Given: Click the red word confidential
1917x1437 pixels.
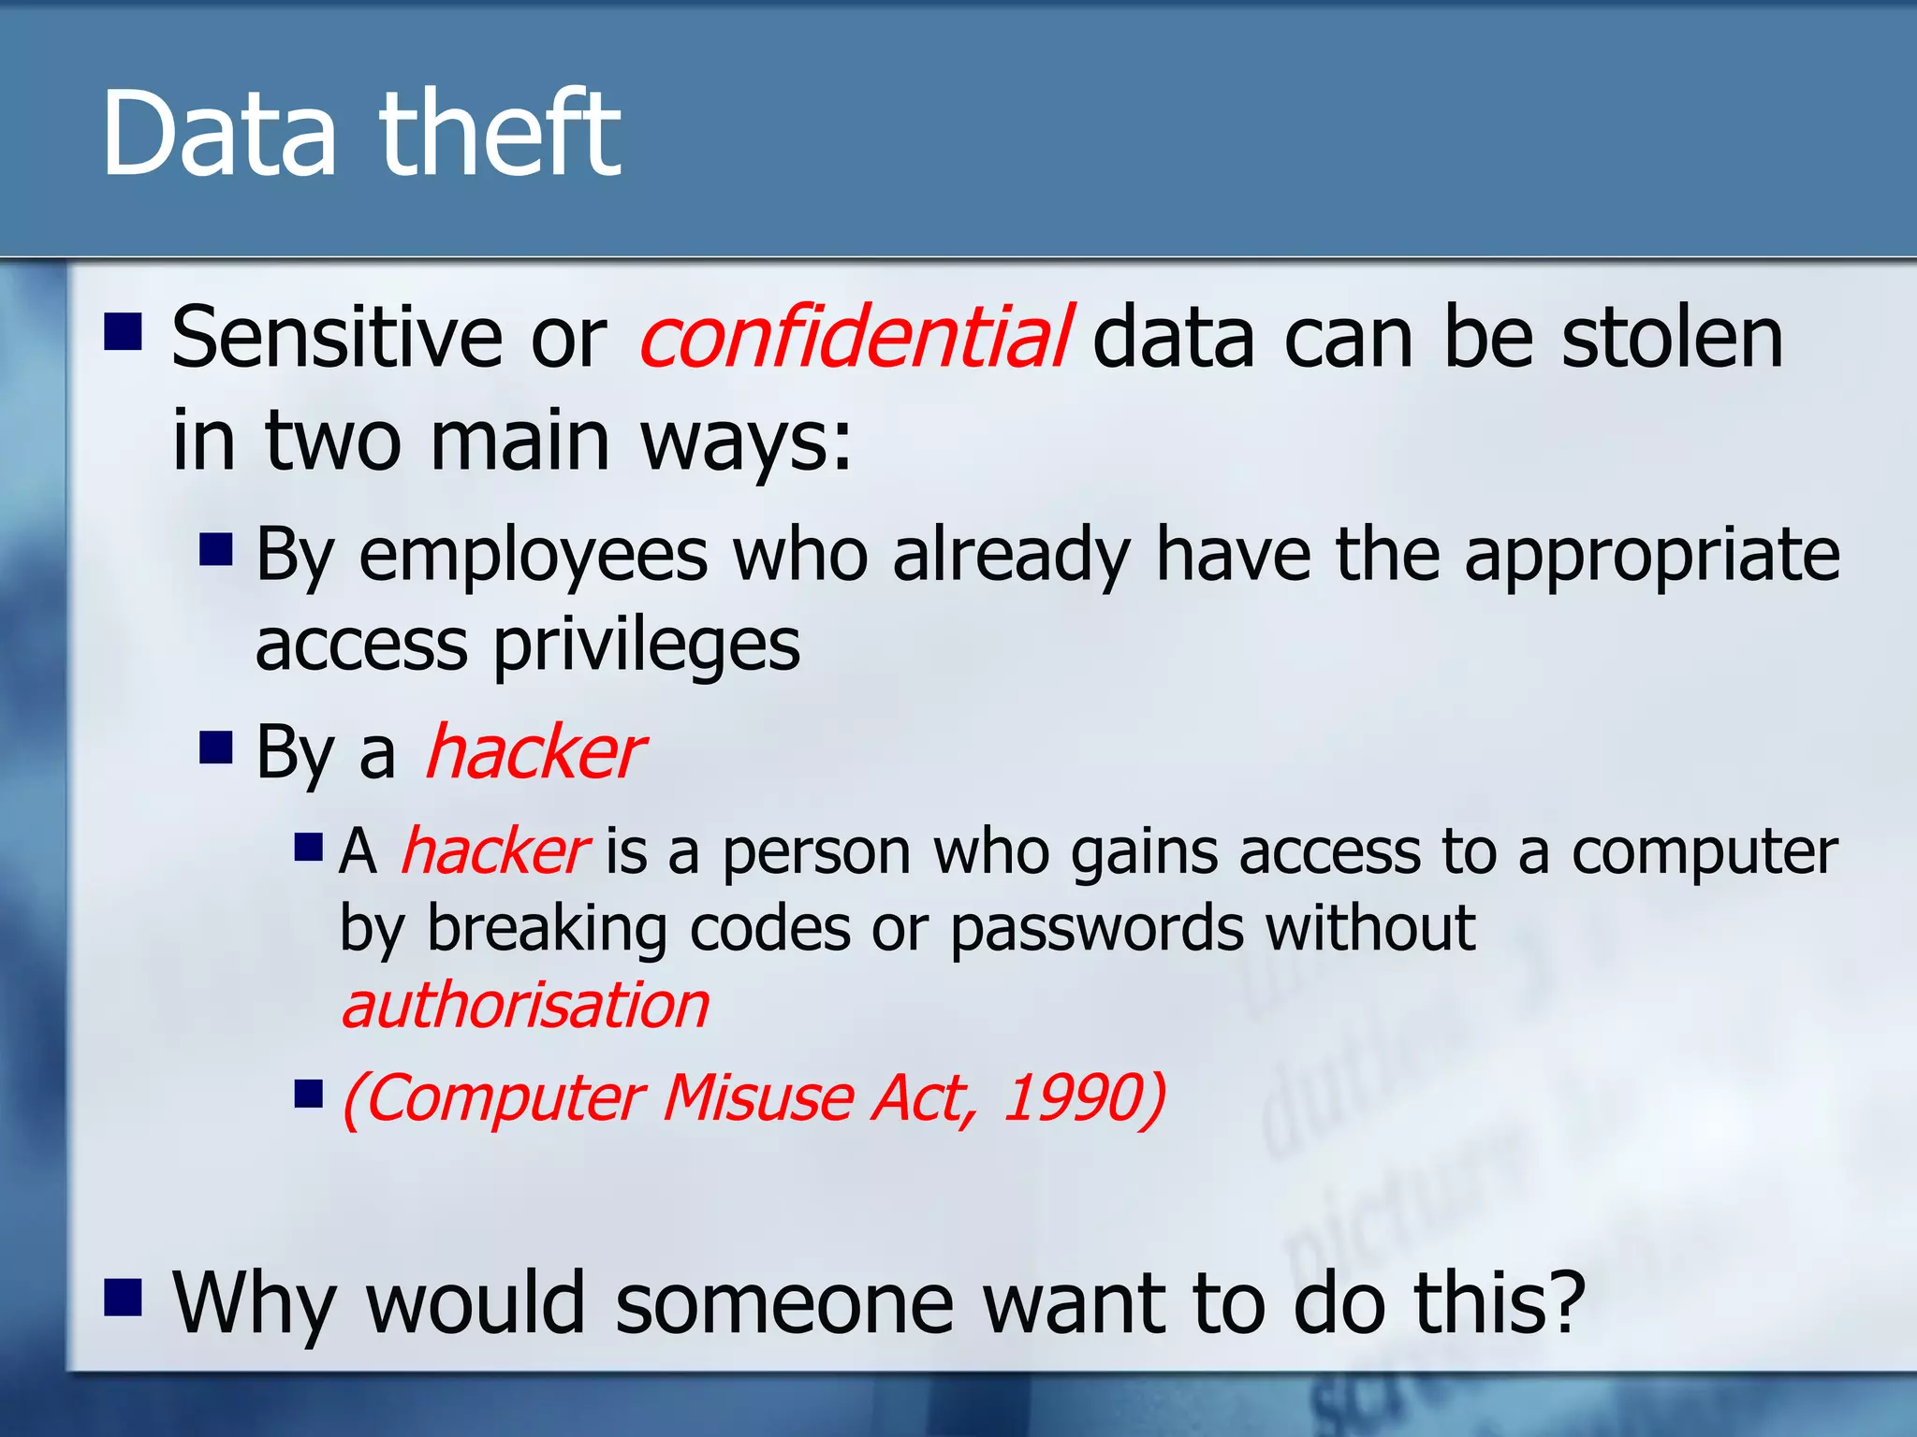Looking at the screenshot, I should coord(854,337).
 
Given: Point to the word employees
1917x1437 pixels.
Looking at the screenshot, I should coord(533,556).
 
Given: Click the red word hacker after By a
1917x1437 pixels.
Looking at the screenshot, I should coord(534,752).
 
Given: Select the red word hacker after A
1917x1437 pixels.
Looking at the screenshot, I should coord(493,852).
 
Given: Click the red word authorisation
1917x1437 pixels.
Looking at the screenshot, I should coord(525,1006).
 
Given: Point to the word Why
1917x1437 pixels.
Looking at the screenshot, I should coord(253,1303).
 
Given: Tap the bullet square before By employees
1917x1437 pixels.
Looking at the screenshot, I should coord(215,549).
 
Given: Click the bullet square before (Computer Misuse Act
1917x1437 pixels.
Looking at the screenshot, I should coord(308,1093).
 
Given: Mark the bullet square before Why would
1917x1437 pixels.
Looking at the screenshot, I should coord(123,1297).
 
